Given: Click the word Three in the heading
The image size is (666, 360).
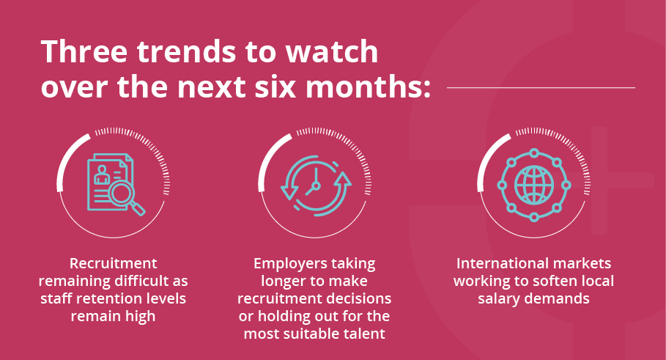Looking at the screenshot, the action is (84, 52).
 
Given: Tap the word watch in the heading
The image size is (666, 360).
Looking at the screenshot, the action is (331, 52).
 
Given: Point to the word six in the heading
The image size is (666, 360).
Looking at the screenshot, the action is (276, 87).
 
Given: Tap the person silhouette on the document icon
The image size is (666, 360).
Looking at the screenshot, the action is (102, 174).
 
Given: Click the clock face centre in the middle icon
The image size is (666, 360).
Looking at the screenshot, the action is (315, 185).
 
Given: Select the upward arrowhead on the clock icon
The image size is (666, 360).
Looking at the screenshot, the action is (343, 179).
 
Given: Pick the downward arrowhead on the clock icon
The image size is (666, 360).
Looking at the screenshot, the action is (289, 191).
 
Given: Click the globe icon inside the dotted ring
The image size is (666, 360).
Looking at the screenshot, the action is (534, 185).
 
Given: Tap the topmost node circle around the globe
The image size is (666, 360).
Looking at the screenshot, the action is (534, 153).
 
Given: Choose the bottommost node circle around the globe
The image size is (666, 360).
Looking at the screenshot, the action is (534, 217).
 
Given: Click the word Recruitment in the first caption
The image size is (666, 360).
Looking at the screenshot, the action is (114, 263).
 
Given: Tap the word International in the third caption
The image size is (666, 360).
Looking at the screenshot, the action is (494, 263).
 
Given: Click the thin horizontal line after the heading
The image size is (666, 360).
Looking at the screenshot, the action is (541, 87).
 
